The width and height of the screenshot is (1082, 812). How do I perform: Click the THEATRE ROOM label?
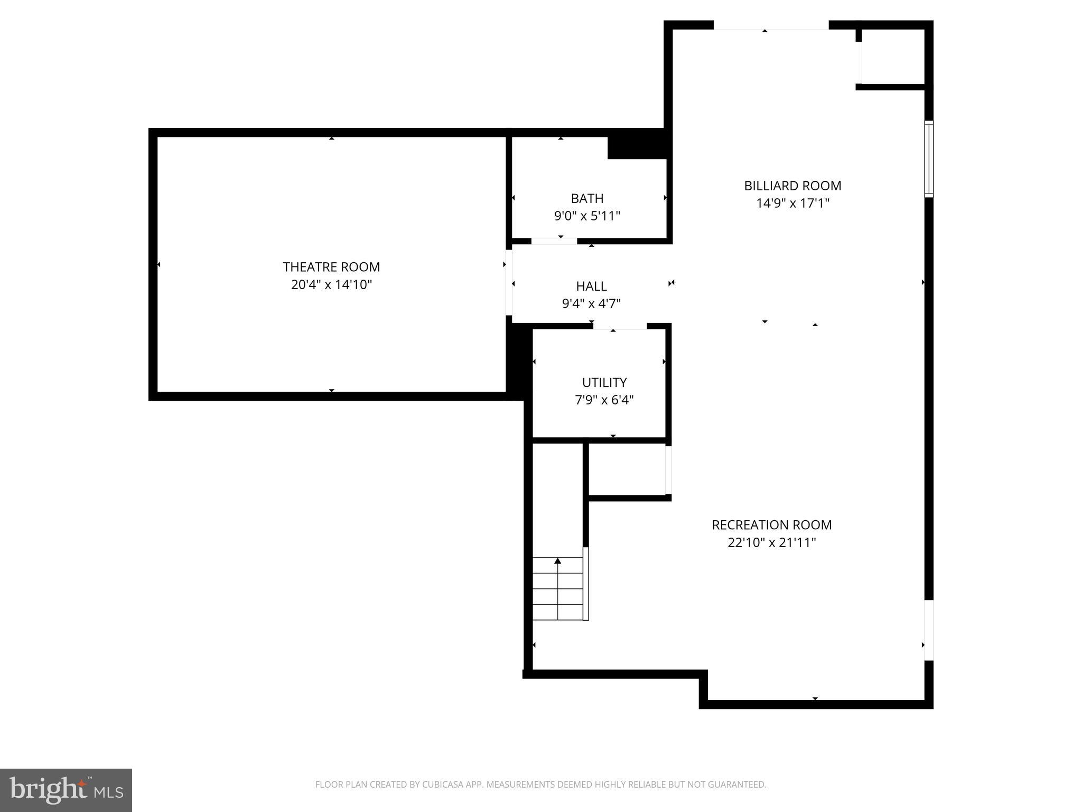331,267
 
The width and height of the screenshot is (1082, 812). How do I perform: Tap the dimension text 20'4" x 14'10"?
331,285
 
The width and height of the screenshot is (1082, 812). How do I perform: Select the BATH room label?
587,198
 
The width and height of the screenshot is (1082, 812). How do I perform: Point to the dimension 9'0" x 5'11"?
587,216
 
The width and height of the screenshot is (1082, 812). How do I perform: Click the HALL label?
591,286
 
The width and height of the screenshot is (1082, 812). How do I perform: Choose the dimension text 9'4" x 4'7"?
591,303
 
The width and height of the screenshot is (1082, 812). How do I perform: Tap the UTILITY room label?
604,382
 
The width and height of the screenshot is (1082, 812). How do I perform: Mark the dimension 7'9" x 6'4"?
604,400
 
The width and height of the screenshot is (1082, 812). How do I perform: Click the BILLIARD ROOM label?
792,186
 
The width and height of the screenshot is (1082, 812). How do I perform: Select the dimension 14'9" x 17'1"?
792,203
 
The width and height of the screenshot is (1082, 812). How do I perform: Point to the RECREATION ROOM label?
771,525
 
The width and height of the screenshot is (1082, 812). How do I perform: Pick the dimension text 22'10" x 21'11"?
771,542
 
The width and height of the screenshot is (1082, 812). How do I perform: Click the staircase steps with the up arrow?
557,588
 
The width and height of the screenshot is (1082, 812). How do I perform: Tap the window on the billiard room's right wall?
928,159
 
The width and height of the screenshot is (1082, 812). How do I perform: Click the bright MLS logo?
66,790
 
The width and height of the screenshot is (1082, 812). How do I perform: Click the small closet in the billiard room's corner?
893,57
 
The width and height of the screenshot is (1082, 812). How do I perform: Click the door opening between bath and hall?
554,241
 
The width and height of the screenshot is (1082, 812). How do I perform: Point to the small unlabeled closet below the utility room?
627,469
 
